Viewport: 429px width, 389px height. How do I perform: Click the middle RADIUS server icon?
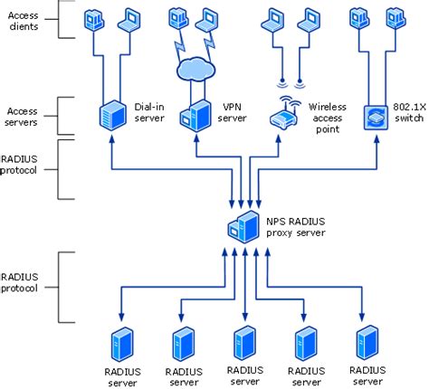click(243, 343)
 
